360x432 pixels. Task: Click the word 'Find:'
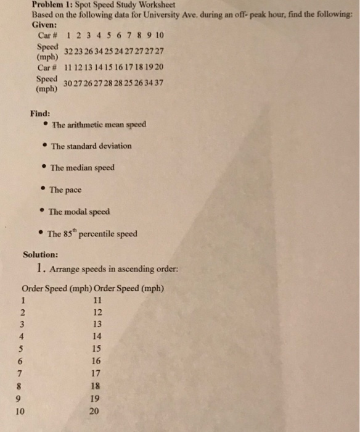(x=40, y=113)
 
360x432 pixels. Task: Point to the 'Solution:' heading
(x=41, y=254)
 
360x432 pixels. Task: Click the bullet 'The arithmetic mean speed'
(x=99, y=125)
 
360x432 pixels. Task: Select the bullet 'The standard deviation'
(x=91, y=146)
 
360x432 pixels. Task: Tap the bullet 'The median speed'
(x=82, y=167)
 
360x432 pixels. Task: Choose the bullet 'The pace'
(x=65, y=189)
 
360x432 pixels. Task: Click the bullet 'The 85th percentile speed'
(x=92, y=234)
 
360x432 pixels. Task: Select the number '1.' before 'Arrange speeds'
(x=39, y=268)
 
